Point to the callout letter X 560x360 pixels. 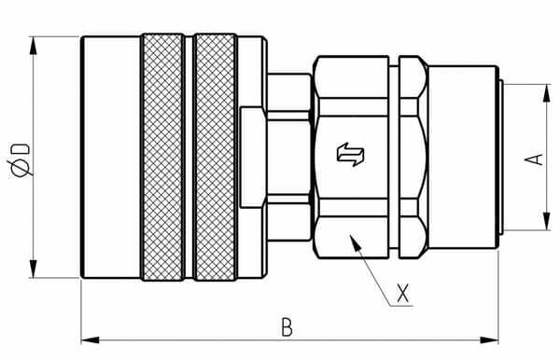(x=402, y=293)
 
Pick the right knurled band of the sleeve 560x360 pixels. (x=214, y=157)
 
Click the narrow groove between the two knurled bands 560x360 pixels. (x=189, y=157)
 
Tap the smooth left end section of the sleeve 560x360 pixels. (x=111, y=157)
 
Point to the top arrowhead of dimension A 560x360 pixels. (x=544, y=89)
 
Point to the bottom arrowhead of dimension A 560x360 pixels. (x=544, y=225)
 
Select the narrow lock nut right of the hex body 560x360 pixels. (x=413, y=157)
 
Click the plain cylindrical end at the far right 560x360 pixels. (x=465, y=157)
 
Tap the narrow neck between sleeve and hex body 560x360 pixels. (x=287, y=157)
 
